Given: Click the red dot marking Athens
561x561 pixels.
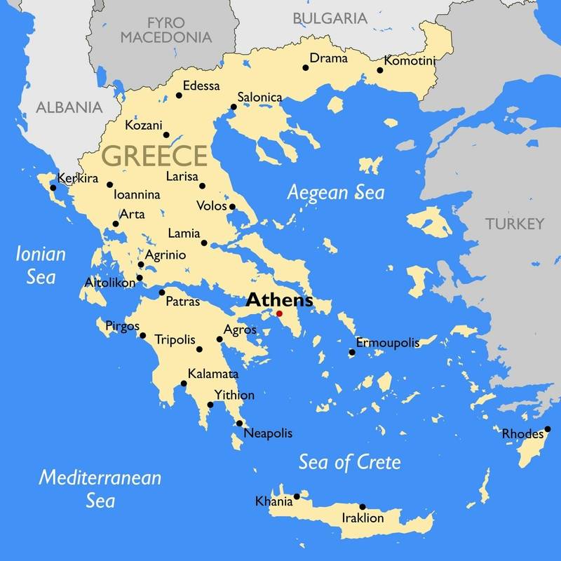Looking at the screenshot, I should [x=279, y=313].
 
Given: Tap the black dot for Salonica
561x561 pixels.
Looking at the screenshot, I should [x=234, y=107].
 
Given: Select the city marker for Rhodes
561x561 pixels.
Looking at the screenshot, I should [x=548, y=429].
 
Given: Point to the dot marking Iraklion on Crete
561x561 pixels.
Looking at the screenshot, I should [x=363, y=506].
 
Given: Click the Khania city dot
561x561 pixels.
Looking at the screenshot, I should [x=297, y=496].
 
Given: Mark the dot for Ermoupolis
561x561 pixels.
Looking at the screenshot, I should [x=352, y=352].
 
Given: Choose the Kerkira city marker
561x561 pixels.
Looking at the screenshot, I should [x=53, y=188].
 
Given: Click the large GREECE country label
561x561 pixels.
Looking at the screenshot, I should [x=155, y=156].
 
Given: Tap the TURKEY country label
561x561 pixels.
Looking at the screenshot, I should [x=514, y=224].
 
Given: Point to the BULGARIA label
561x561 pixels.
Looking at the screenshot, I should [x=330, y=18].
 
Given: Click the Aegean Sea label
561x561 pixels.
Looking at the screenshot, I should [x=337, y=192].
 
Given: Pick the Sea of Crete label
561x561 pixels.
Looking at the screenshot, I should [x=349, y=462].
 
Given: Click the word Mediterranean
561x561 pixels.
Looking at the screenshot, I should [x=100, y=478].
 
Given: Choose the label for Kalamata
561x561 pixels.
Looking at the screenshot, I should [x=213, y=374].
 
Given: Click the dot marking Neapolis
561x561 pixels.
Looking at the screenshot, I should [x=240, y=423].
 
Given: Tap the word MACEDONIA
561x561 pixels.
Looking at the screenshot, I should [x=166, y=36].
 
